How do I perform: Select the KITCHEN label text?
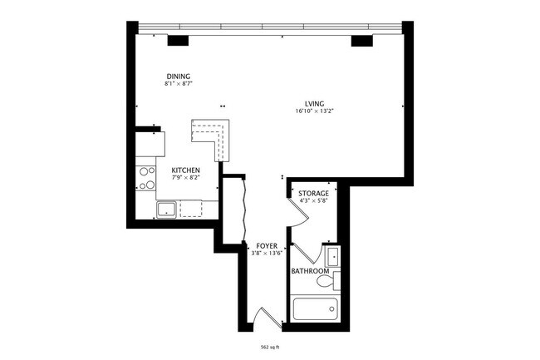185,170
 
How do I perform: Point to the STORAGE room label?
314,193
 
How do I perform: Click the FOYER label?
267,246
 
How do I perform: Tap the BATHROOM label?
310,271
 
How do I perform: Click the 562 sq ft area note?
270,348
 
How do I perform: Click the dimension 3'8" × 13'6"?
267,254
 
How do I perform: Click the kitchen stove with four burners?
147,178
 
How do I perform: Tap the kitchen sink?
165,208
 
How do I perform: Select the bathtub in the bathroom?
315,309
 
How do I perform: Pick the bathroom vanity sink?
331,254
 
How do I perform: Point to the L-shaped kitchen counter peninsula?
214,134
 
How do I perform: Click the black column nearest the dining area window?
178,40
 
